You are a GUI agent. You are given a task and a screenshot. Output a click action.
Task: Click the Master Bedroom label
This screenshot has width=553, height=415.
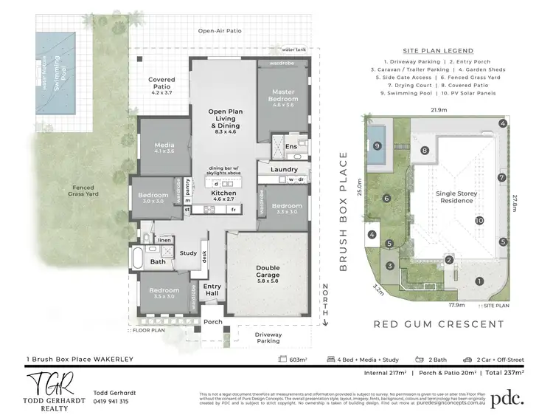(x=283, y=101)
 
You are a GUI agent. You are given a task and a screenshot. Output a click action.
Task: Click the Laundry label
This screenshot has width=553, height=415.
(x=284, y=170)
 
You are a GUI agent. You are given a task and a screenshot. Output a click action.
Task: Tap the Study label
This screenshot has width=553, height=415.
(x=188, y=253)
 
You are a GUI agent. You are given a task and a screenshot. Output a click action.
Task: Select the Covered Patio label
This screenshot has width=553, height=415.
(x=161, y=83)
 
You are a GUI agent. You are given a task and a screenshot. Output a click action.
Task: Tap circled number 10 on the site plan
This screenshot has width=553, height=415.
(x=479, y=220)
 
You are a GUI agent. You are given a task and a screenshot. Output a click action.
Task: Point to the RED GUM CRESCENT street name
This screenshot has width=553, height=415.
(x=438, y=324)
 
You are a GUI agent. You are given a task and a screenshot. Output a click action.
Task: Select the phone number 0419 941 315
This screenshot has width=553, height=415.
(x=111, y=402)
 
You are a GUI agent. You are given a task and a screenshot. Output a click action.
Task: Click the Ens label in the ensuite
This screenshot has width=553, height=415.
(x=291, y=146)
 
